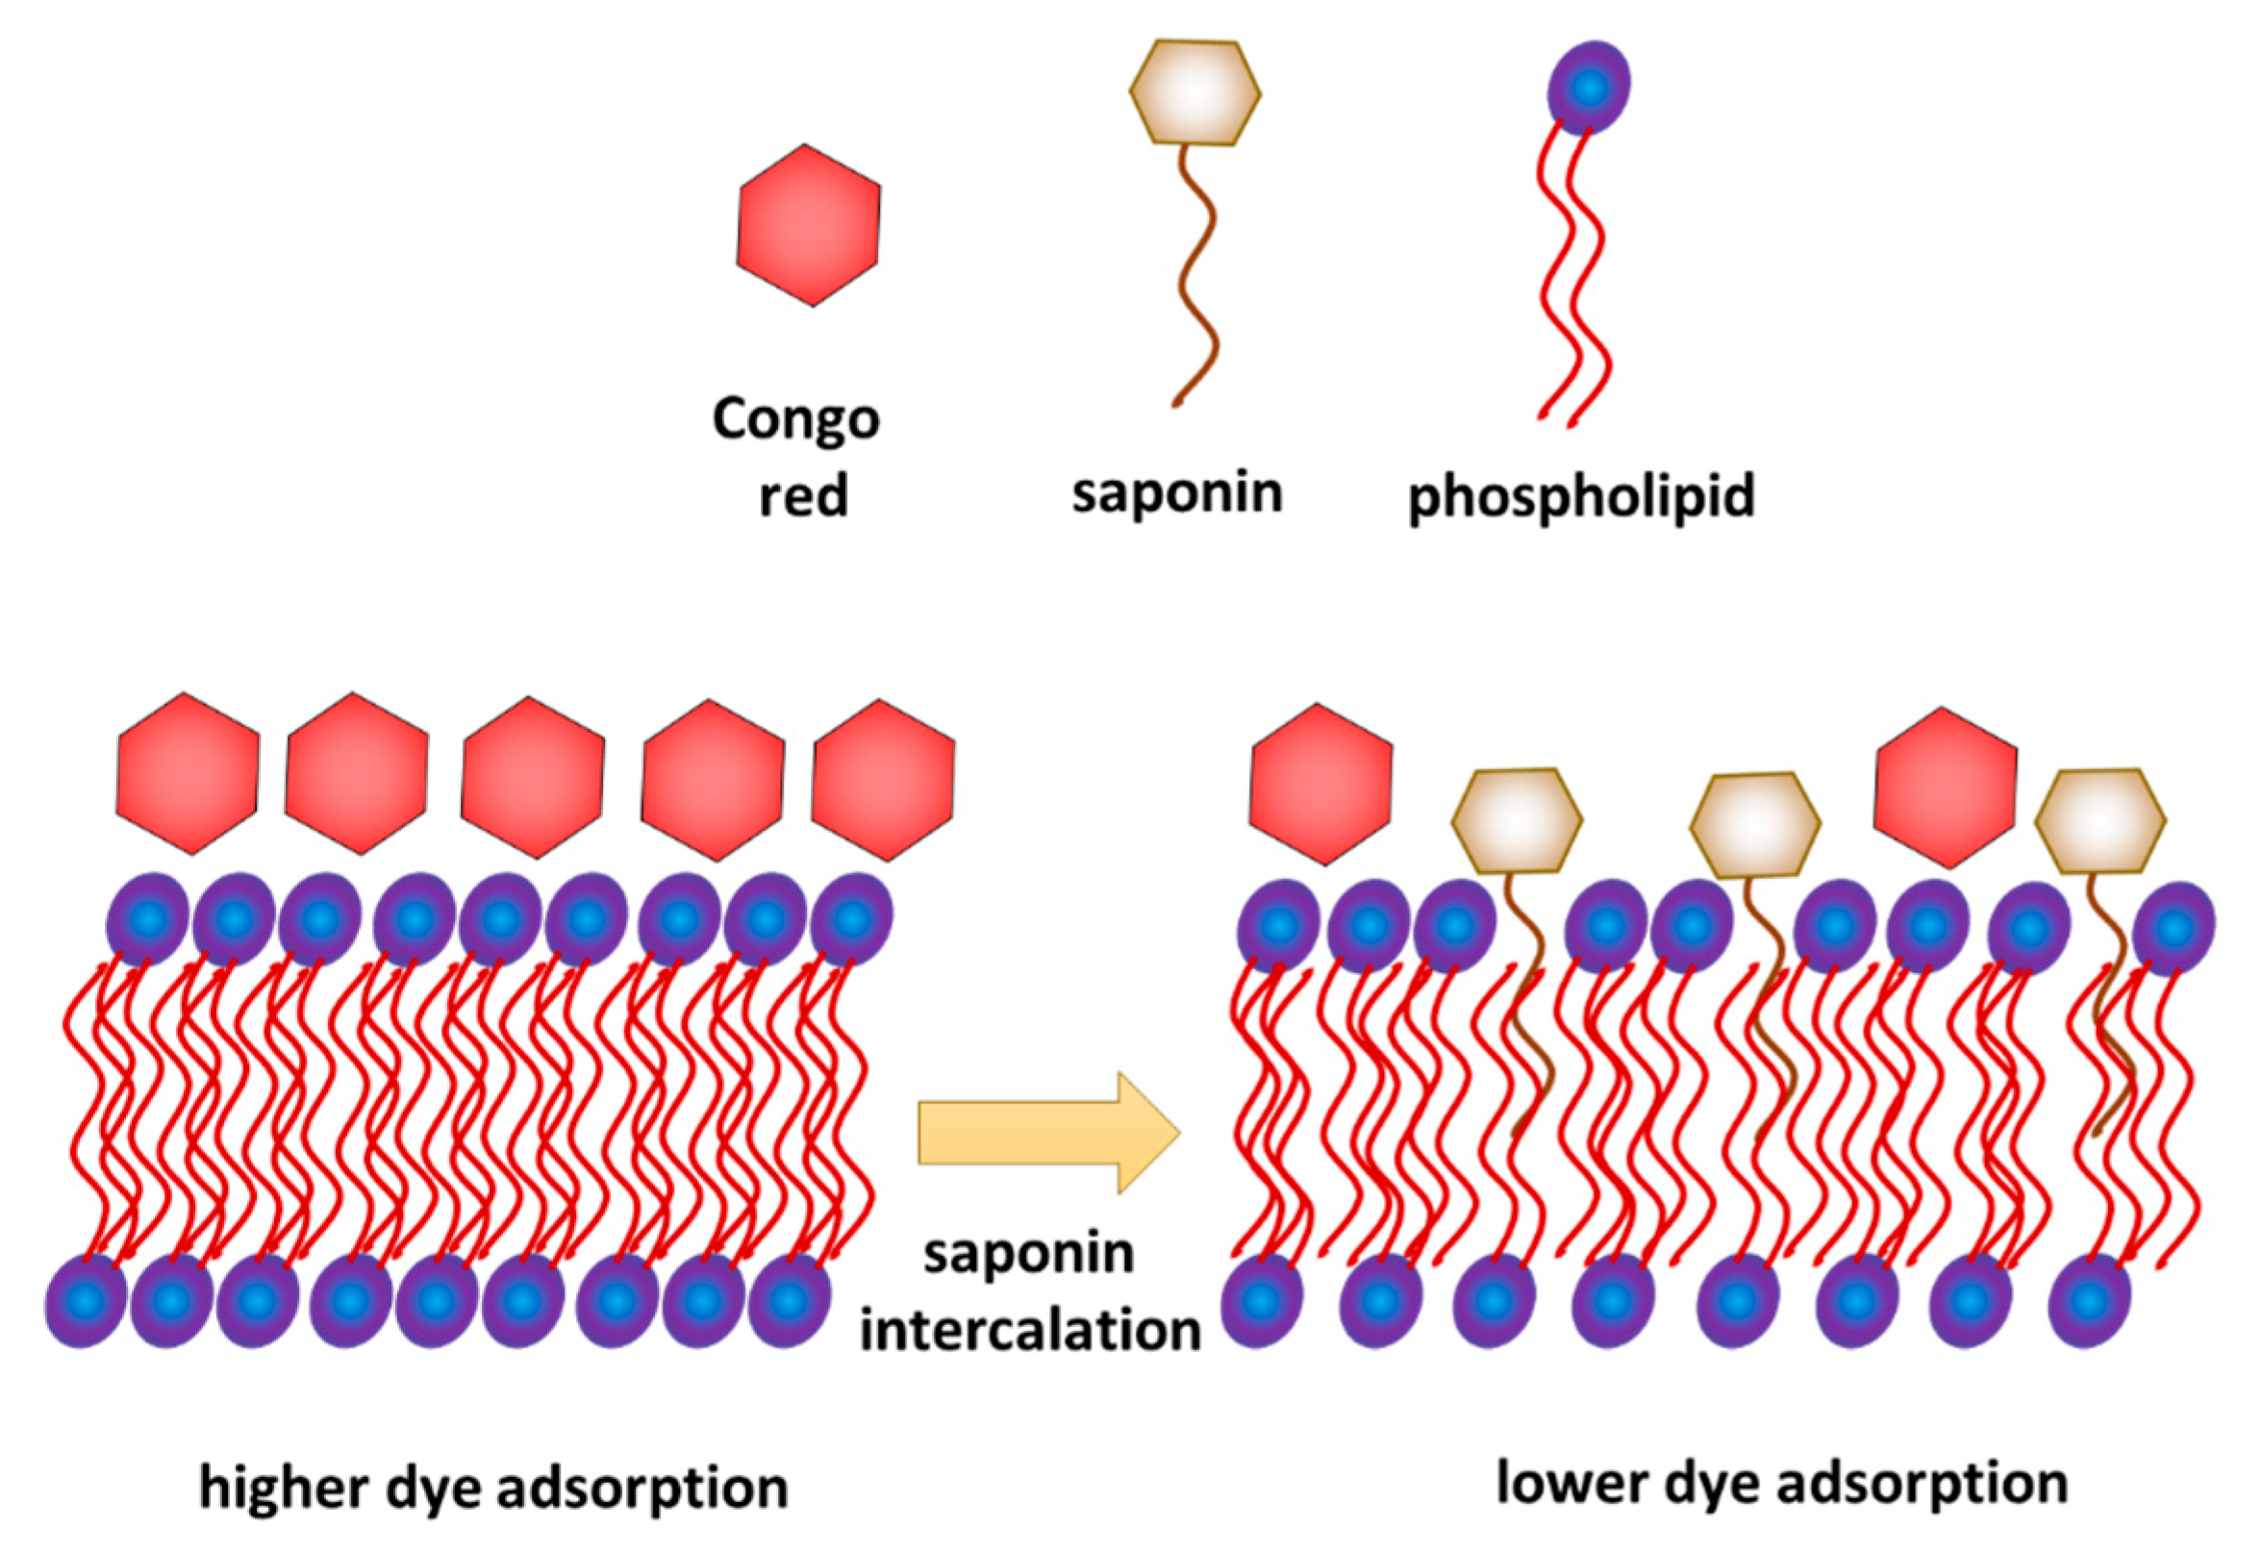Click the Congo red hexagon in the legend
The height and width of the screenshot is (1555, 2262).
click(x=809, y=225)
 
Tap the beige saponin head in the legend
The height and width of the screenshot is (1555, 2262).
click(x=1195, y=93)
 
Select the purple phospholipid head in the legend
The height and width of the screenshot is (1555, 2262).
click(x=1588, y=88)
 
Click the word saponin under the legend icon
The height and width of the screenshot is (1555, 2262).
click(x=1177, y=493)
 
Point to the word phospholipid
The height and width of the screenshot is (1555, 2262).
click(x=1581, y=497)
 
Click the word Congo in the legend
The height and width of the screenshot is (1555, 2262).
click(x=796, y=419)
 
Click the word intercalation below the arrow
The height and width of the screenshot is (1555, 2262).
click(x=1030, y=1331)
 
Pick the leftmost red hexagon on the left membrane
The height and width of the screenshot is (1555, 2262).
click(x=188, y=773)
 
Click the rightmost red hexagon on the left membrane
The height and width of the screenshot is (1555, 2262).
click(x=883, y=780)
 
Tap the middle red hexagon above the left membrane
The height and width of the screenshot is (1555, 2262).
click(x=533, y=777)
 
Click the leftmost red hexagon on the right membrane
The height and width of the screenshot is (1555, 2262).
click(x=1321, y=785)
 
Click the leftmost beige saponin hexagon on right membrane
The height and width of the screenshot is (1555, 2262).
click(x=1517, y=820)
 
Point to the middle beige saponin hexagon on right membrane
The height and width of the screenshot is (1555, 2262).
click(x=1754, y=824)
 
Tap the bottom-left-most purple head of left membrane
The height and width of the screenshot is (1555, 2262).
click(x=86, y=1301)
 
